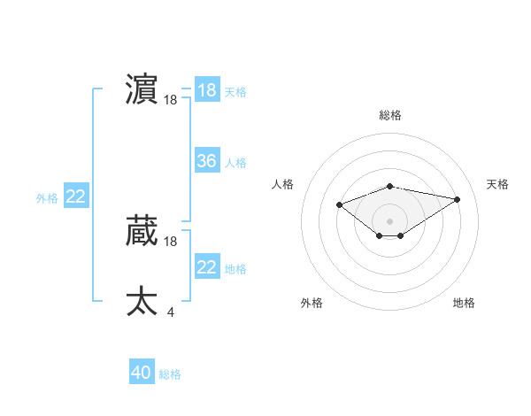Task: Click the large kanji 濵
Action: tap(142, 90)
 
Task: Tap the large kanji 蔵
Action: tap(142, 231)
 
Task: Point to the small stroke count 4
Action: tap(170, 312)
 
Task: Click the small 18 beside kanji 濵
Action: tap(170, 101)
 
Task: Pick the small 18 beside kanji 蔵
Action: tap(170, 242)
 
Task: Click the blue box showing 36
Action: tap(207, 161)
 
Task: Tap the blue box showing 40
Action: tap(141, 373)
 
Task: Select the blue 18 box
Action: tap(207, 90)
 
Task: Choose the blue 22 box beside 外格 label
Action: tap(75, 196)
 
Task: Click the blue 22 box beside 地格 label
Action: tap(207, 267)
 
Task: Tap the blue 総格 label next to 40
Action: tap(170, 374)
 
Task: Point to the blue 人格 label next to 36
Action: tap(236, 163)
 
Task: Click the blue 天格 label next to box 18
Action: tap(236, 92)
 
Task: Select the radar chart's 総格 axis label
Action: tap(389, 115)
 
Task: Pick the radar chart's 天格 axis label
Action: tap(497, 184)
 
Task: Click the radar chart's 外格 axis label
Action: tap(312, 303)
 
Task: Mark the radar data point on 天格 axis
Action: tap(457, 199)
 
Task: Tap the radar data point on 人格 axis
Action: tap(340, 205)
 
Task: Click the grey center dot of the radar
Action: tap(389, 221)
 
